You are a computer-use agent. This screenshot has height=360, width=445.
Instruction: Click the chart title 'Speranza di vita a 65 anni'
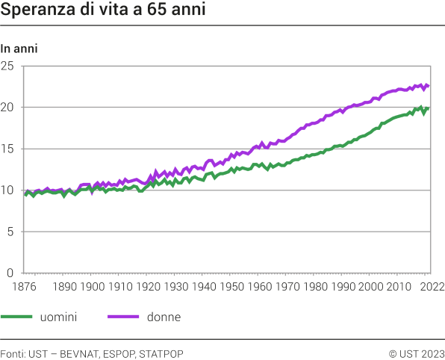coord(104,12)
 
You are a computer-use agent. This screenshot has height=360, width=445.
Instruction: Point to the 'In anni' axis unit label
coord(19,49)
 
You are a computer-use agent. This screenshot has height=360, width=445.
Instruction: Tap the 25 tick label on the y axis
coord(8,66)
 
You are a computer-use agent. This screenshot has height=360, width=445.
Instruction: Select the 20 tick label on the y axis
coord(8,107)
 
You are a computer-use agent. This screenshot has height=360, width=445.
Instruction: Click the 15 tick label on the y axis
coord(8,149)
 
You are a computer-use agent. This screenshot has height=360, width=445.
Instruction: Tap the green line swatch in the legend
coord(17,317)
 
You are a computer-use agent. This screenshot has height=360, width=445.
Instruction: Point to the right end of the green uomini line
coord(428,109)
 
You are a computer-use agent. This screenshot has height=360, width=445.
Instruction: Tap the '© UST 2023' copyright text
coord(417,353)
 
